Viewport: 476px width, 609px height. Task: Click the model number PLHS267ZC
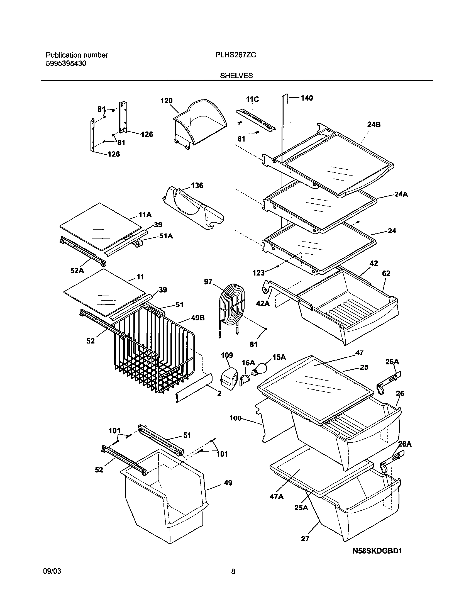[x=236, y=55]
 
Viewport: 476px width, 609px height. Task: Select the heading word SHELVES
[x=236, y=75]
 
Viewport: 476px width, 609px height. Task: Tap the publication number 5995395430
[x=66, y=64]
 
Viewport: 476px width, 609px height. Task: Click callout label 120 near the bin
[x=167, y=101]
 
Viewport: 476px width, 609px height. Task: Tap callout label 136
[x=197, y=186]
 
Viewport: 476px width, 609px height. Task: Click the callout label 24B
[x=374, y=125]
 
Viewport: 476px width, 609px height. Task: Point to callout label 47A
[x=277, y=496]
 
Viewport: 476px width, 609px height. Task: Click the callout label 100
[x=235, y=418]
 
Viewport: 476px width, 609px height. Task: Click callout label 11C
[x=252, y=99]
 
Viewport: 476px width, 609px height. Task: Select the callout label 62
[x=386, y=274]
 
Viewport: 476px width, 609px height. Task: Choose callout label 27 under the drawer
[x=305, y=539]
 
